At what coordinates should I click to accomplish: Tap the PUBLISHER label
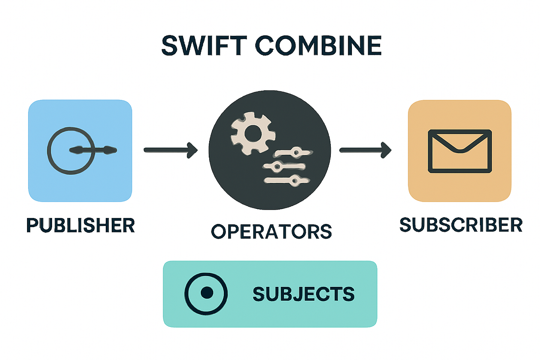(x=80, y=225)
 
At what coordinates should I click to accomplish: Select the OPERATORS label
(x=271, y=232)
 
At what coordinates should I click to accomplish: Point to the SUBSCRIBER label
(x=461, y=225)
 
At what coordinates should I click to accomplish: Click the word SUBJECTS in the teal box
(x=303, y=294)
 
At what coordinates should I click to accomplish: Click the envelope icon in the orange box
(x=460, y=151)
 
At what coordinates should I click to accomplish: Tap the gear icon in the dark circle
(x=253, y=134)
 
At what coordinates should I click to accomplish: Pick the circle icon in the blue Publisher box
(x=71, y=151)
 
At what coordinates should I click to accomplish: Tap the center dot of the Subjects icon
(x=206, y=293)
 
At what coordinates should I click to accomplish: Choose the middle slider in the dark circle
(x=284, y=166)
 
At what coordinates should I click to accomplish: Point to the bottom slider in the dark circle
(x=287, y=181)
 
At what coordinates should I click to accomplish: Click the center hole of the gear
(x=253, y=134)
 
